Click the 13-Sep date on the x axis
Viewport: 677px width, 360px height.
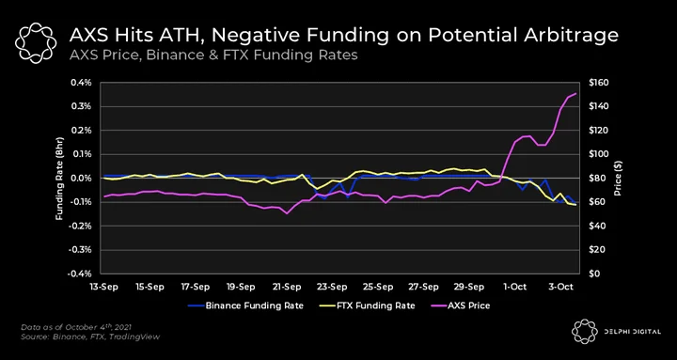(102, 287)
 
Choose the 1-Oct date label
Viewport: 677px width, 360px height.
(515, 287)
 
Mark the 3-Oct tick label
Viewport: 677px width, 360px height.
(561, 287)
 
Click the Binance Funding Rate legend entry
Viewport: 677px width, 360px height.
(245, 305)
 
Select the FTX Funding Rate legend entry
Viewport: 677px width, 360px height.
(370, 305)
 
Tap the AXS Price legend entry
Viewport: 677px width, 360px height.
(461, 305)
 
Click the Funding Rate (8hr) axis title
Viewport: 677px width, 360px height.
(59, 178)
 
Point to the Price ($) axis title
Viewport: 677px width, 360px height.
(618, 178)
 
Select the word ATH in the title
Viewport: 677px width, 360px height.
(174, 36)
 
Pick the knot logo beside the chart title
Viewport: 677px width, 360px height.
(36, 41)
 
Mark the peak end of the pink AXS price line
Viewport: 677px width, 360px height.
(576, 93)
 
